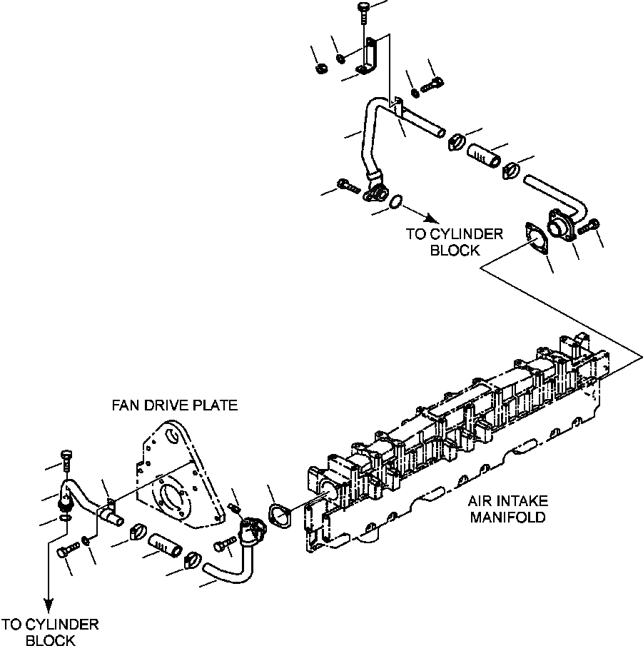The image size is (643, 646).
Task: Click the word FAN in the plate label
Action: [x=126, y=405]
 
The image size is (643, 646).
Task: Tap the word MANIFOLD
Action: [x=507, y=516]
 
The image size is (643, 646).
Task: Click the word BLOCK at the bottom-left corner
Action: [x=50, y=640]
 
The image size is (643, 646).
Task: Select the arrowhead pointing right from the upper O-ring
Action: [x=431, y=217]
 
